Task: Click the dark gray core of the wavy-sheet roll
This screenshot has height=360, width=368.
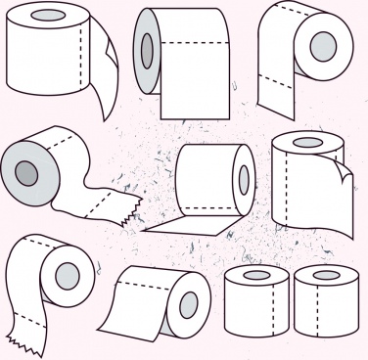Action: [24, 174]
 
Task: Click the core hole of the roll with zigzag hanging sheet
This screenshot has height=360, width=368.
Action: [67, 277]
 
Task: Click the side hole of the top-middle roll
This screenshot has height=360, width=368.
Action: [147, 49]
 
